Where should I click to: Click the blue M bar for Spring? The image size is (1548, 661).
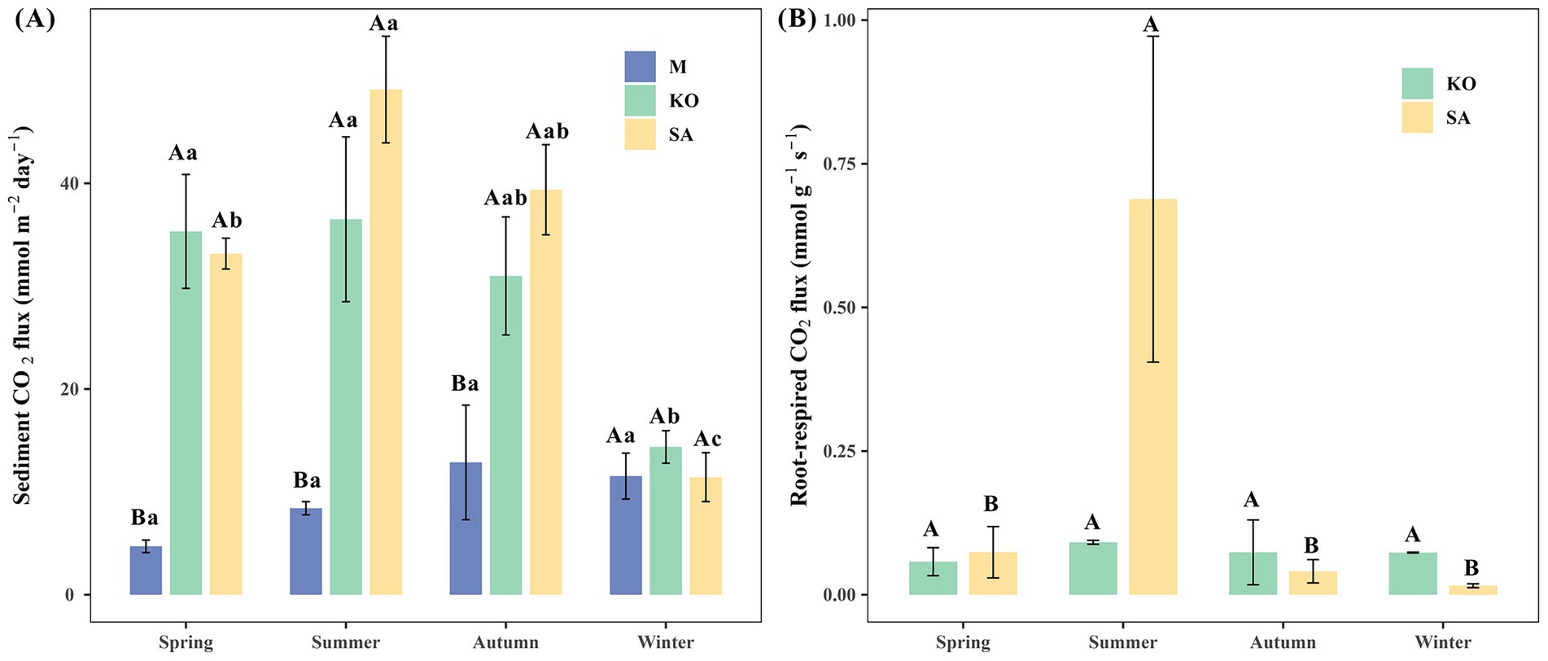(x=146, y=571)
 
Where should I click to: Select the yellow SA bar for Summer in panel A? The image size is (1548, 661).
(x=386, y=342)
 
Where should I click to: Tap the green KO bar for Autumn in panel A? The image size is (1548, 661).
(x=505, y=436)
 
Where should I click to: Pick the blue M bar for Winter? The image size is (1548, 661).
(x=626, y=536)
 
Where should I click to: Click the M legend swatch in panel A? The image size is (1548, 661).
(x=640, y=67)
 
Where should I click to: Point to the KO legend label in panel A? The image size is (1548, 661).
(x=684, y=101)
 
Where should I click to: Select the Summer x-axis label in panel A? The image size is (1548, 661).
(x=345, y=642)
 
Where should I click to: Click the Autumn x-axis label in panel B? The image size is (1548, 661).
(x=1283, y=642)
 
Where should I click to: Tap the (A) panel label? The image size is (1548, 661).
(x=34, y=20)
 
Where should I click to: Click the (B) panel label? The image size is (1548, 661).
(x=796, y=20)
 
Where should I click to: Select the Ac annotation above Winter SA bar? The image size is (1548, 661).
(x=706, y=440)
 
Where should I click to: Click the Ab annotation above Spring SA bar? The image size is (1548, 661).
(x=226, y=221)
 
